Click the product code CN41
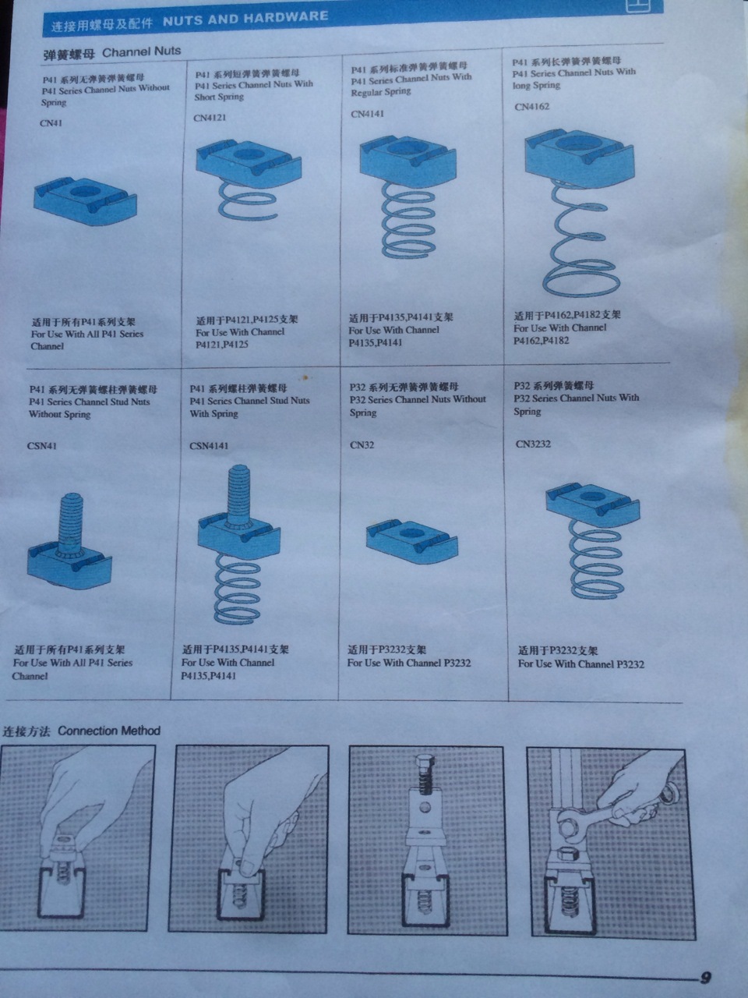click(51, 122)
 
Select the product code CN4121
click(210, 118)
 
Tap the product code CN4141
click(367, 114)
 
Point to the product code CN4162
click(531, 107)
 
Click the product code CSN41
click(43, 446)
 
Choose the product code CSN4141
click(209, 446)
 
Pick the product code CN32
click(362, 445)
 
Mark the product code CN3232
click(533, 444)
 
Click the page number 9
click(706, 978)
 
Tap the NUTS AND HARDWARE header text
click(245, 18)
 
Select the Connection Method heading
click(108, 731)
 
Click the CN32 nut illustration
click(411, 540)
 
